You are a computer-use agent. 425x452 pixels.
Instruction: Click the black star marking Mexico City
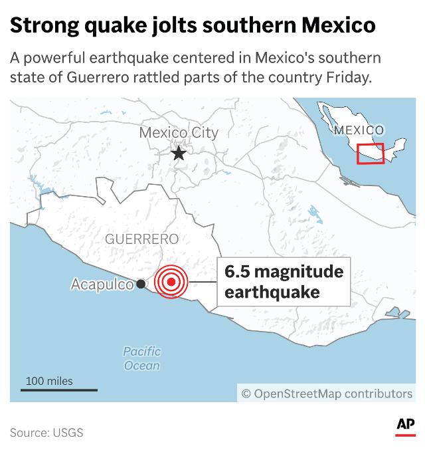coord(179,154)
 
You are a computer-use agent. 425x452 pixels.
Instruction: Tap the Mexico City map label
coord(178,133)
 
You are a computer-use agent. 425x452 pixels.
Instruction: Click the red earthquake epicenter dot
coord(171,282)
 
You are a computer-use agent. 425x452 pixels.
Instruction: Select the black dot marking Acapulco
coord(141,284)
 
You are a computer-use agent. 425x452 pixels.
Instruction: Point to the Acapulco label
coord(102,284)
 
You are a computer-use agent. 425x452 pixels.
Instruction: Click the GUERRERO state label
coord(141,239)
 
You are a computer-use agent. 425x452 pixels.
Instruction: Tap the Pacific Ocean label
coord(142,358)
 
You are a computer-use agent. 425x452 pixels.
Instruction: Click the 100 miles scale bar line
coord(58,390)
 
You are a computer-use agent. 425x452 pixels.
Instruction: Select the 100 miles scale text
coord(50,381)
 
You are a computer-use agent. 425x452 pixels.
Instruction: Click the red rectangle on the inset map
coord(371,154)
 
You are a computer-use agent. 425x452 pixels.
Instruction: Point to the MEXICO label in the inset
coord(359,130)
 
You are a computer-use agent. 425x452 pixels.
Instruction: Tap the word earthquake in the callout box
coord(263,292)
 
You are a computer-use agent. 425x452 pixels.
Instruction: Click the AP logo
coord(405,426)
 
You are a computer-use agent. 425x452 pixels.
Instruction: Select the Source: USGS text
coord(46,433)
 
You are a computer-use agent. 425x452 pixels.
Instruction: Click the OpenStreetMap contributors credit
coord(327,394)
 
